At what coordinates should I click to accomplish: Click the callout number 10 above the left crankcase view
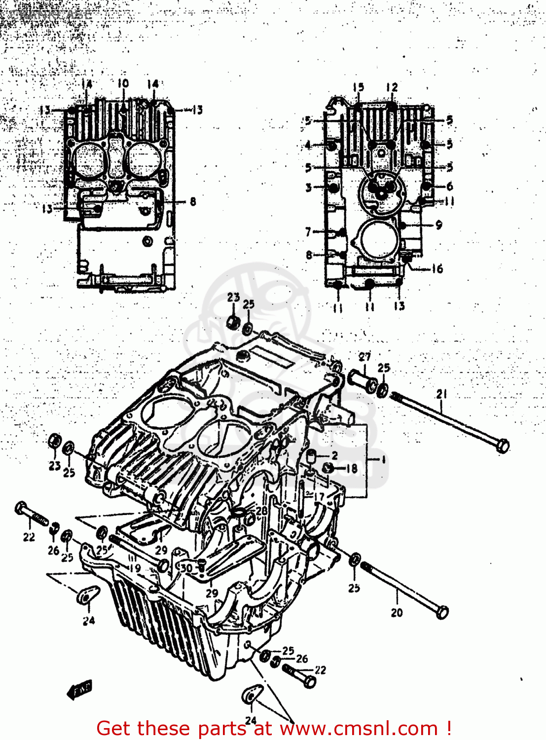[123, 83]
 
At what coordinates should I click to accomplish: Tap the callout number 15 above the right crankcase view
[358, 87]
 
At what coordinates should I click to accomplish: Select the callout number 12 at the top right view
[392, 87]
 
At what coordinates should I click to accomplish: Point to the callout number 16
[437, 269]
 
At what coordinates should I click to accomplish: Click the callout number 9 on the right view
[438, 225]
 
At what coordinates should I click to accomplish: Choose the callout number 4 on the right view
[308, 145]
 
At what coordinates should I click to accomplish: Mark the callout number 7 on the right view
[308, 231]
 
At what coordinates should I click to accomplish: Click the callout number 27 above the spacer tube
[364, 357]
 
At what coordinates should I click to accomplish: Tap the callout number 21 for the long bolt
[441, 394]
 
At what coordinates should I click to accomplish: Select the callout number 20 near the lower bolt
[397, 613]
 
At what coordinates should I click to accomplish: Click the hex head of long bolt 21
[502, 445]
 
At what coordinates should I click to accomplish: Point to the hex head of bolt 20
[442, 612]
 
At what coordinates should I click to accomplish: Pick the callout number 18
[352, 468]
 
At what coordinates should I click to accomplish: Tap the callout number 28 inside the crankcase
[261, 511]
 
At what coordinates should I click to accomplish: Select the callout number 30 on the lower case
[186, 568]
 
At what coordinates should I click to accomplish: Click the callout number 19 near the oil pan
[135, 568]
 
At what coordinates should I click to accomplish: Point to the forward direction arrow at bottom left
[79, 689]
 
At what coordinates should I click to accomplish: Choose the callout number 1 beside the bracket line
[383, 459]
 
